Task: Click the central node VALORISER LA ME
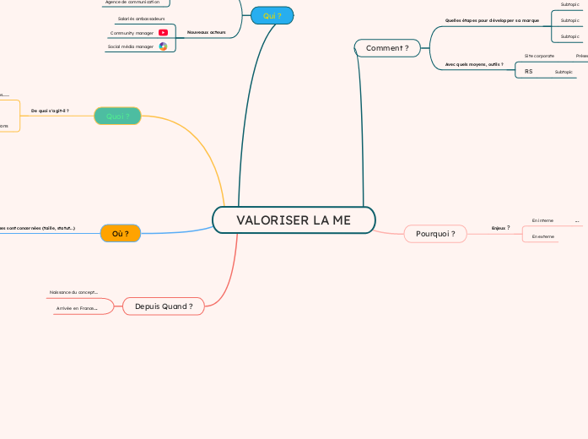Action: pos(294,220)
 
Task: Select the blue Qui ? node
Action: pos(272,15)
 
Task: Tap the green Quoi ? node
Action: pos(117,117)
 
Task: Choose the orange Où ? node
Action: pos(120,233)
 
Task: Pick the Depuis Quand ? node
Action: pos(164,306)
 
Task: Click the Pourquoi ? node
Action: pos(435,233)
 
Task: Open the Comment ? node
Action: pos(387,48)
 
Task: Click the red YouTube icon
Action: pos(163,33)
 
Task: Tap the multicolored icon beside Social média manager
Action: pos(163,46)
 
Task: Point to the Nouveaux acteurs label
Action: pos(206,32)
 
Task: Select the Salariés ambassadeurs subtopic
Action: pos(135,18)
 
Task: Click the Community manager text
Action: pos(132,33)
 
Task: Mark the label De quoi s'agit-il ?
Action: pos(50,111)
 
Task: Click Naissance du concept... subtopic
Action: pos(73,292)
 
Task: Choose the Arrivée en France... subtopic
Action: pos(77,308)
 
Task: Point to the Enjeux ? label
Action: pos(500,227)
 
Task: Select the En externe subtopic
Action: pos(543,236)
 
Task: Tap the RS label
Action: pos(528,72)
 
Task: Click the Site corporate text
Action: pos(539,56)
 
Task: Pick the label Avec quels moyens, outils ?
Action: pos(474,64)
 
